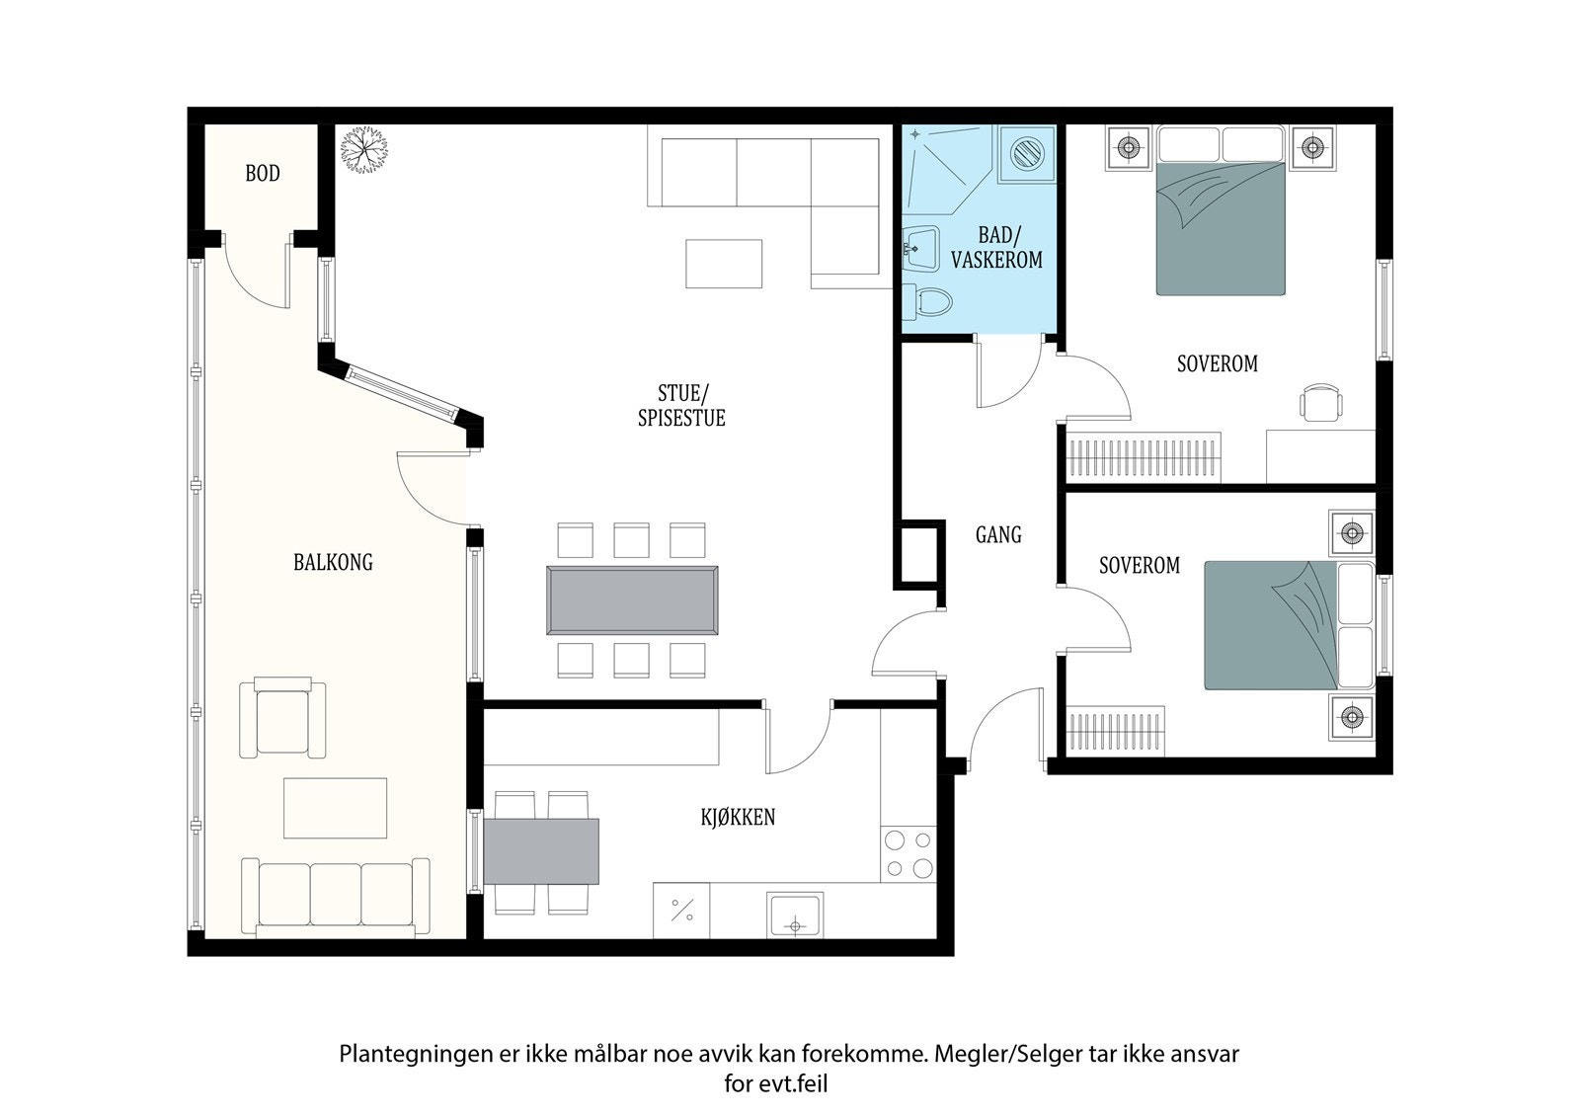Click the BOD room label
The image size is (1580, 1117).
263,173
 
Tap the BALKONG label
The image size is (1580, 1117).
333,562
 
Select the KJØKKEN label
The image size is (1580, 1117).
738,817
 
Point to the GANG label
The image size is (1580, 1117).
998,535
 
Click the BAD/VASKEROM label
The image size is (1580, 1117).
996,247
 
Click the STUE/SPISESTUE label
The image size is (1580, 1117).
681,406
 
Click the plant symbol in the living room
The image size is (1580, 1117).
364,149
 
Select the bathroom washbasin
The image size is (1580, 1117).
920,248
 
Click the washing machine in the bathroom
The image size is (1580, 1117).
1027,153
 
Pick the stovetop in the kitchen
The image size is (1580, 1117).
908,854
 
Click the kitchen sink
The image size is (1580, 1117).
795,916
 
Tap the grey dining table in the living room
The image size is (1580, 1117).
632,600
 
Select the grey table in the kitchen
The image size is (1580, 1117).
541,851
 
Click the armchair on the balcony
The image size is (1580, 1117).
282,717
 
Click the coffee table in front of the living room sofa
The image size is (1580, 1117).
724,264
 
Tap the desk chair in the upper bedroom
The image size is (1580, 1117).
1321,402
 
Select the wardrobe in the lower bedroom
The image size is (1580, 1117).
1115,731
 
